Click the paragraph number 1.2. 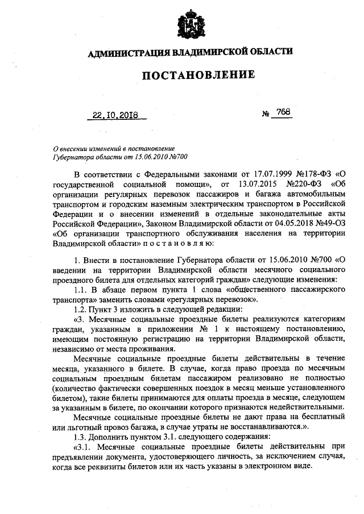(x=81, y=310)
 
